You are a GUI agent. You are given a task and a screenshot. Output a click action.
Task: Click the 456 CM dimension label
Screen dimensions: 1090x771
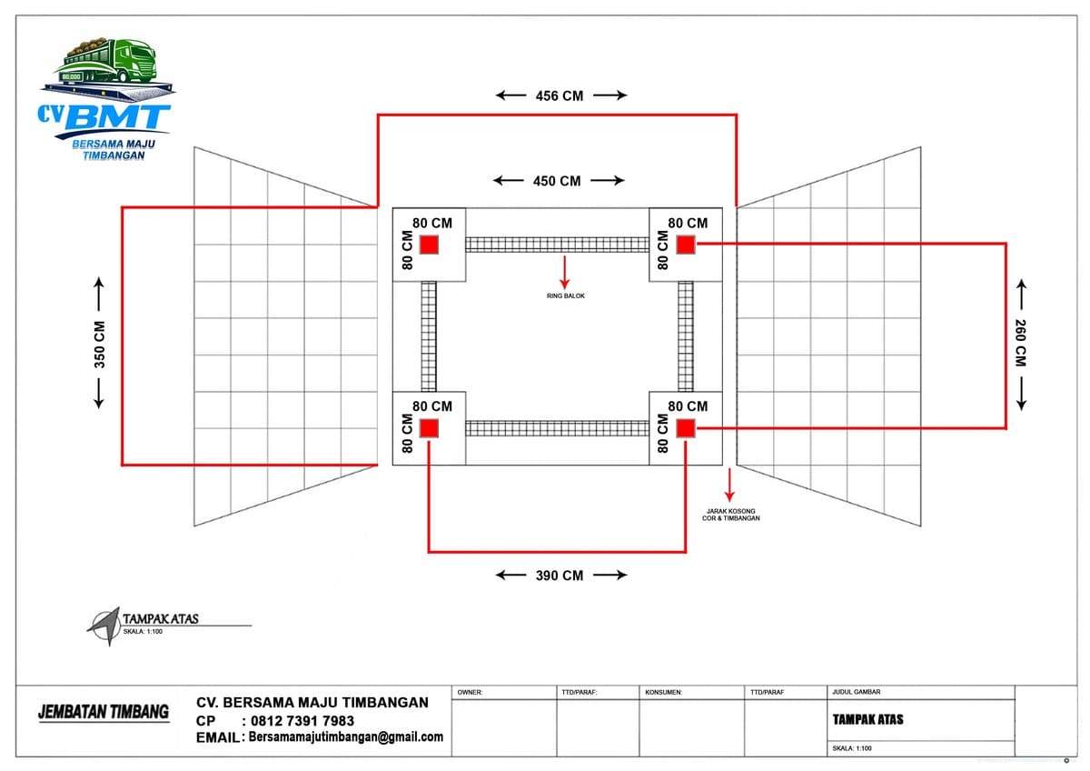point(560,96)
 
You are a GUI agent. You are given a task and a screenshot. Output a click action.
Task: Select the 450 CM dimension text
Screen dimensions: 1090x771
point(557,181)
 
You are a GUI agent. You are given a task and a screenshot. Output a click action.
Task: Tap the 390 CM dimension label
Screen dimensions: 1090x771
point(560,576)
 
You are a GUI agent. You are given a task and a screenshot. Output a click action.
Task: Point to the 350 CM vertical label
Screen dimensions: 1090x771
point(99,345)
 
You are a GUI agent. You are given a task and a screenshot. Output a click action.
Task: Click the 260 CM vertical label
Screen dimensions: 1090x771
point(1020,343)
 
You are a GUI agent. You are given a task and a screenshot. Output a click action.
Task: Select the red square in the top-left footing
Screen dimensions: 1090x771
point(429,245)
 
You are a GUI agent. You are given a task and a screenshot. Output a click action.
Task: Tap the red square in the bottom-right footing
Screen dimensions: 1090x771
point(686,428)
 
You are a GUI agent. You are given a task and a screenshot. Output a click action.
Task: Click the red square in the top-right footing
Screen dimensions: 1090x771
point(686,245)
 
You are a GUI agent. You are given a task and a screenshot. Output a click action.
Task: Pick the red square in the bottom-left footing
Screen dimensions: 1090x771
point(429,428)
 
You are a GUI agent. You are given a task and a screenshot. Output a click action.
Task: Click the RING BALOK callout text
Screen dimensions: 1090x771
point(565,296)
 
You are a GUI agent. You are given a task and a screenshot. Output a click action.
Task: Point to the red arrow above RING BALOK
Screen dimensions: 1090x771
point(564,272)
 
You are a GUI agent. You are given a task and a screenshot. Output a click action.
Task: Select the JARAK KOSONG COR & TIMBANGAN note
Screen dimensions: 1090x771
point(730,515)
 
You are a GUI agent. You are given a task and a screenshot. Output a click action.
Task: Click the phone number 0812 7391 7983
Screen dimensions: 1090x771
point(302,721)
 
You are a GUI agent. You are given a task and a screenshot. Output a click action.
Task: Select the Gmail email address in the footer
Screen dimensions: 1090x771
point(346,737)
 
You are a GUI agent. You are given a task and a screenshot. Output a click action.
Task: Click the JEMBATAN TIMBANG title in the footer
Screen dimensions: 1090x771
point(104,712)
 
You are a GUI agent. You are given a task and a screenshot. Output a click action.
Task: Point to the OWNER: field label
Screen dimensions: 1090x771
point(470,692)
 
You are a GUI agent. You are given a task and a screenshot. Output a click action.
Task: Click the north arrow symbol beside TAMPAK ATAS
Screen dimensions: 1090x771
point(104,626)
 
